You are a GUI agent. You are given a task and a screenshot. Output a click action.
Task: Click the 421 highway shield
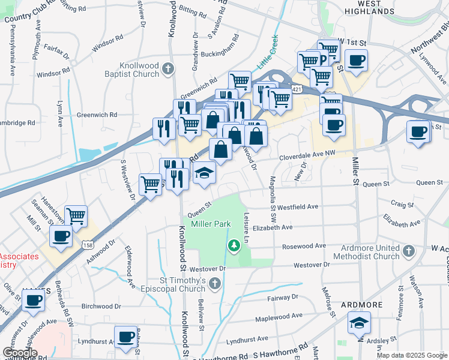[x=297, y=89]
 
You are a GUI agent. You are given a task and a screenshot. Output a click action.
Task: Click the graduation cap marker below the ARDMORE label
[x=360, y=324]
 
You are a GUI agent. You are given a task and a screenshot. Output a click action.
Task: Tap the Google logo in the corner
[x=20, y=353]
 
